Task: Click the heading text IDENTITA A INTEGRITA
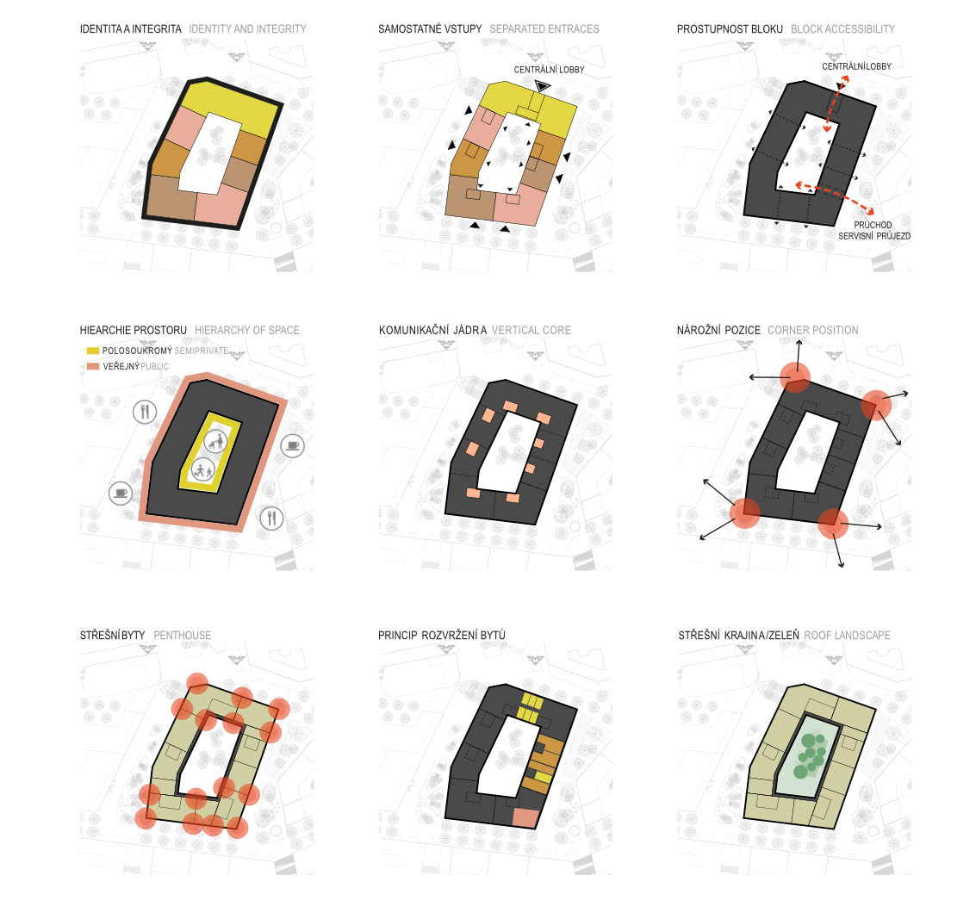(x=131, y=29)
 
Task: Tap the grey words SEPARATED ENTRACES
(x=544, y=29)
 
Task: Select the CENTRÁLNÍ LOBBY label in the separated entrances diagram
(x=549, y=70)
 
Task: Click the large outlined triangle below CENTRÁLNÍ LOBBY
(x=543, y=86)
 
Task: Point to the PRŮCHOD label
(x=873, y=225)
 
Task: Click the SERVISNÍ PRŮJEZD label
(x=874, y=236)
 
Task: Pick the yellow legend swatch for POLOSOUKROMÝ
(x=93, y=351)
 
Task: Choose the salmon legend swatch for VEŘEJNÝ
(x=93, y=367)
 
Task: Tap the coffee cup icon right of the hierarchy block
(x=293, y=445)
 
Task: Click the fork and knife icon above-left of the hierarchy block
(x=145, y=412)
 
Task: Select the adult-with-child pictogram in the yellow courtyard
(x=216, y=441)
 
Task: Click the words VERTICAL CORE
(x=531, y=331)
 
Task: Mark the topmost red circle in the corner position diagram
(x=795, y=377)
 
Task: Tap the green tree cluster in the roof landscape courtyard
(x=810, y=755)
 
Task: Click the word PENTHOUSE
(x=183, y=636)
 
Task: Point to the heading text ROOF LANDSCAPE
(x=847, y=636)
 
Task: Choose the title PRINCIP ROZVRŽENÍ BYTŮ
(x=442, y=636)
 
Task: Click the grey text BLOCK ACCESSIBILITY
(x=842, y=29)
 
